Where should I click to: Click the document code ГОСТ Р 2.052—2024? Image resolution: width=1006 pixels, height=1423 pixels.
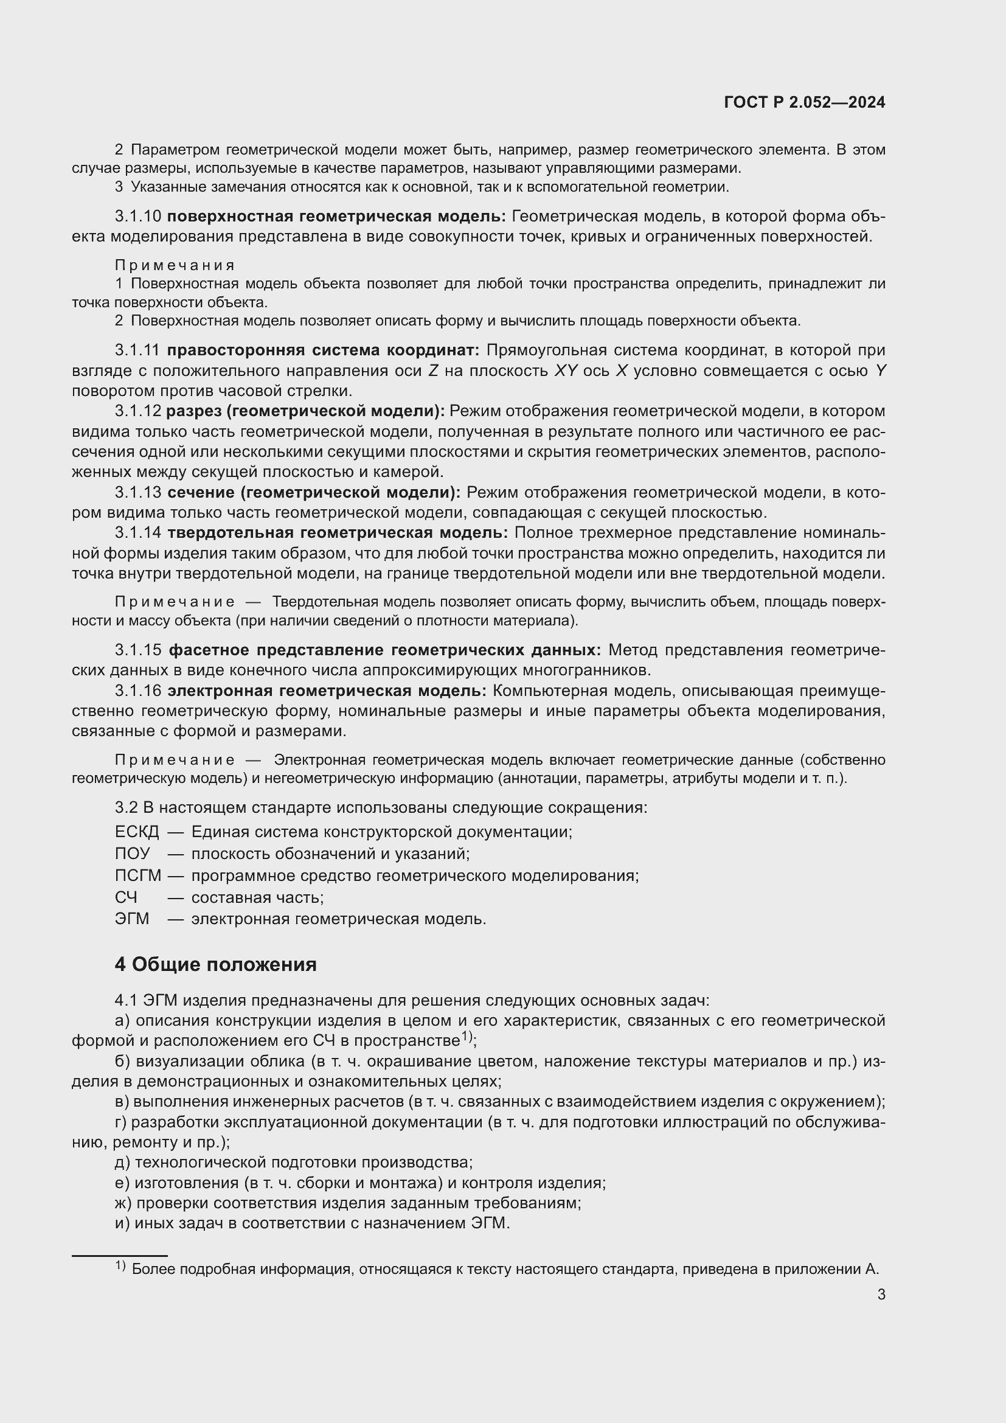point(804,102)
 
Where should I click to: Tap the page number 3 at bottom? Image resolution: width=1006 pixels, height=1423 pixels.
point(881,1294)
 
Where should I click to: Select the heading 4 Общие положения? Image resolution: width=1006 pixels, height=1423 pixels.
point(215,964)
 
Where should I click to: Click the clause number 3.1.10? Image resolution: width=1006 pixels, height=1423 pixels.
point(137,217)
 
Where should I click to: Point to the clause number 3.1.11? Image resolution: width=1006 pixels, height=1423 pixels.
point(137,350)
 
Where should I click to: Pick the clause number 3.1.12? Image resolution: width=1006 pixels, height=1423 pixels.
point(137,411)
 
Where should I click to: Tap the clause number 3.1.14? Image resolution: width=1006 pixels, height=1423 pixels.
point(137,532)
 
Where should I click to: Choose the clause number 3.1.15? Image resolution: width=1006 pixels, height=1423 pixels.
point(137,650)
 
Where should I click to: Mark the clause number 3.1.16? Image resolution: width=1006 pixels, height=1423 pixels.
point(137,691)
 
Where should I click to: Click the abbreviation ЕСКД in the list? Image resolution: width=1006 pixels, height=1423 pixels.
point(137,832)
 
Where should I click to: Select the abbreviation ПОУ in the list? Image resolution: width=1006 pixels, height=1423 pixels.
point(132,854)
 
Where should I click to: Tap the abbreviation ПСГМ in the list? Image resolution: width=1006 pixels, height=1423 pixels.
point(137,875)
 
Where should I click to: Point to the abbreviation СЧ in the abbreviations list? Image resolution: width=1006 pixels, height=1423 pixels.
point(126,897)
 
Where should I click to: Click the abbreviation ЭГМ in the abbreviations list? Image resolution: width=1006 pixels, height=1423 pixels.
point(132,919)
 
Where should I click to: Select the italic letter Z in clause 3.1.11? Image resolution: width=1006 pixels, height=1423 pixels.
point(433,371)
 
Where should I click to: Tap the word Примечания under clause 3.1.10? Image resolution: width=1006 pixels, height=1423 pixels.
point(175,265)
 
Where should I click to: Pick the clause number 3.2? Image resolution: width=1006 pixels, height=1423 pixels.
point(126,807)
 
